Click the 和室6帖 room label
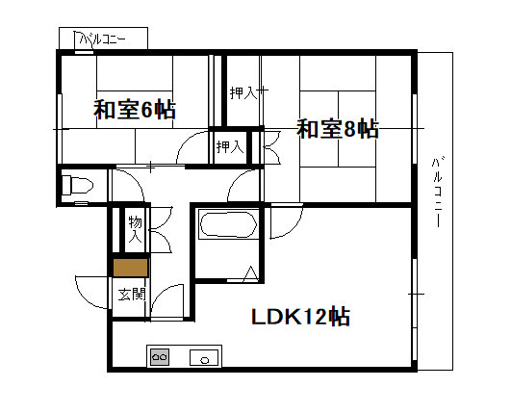pos(135,110)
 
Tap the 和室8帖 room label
pos(338,129)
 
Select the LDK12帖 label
pos(300,316)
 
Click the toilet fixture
pos(77,185)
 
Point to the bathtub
pos(228,225)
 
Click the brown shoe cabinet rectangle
pos(130,268)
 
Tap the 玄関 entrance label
pos(131,295)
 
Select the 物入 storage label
pos(135,229)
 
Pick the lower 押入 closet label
pos(230,147)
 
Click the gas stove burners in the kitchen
pos(160,357)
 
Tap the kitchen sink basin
pos(204,357)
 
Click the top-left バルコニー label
pos(102,39)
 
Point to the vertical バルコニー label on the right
pos(437,193)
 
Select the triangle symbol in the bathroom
pos(250,274)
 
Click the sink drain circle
pos(205,360)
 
